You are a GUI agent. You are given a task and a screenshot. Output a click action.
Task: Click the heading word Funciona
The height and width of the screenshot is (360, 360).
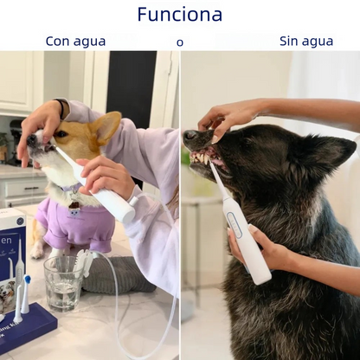180,15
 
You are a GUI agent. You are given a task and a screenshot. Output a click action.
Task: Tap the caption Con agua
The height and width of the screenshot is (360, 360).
76,41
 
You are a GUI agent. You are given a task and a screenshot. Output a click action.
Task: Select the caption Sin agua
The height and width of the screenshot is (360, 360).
306,41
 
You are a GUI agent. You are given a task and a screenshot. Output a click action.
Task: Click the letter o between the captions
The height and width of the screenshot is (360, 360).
180,42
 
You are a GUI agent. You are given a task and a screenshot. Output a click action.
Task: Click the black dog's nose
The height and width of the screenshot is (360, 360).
191,136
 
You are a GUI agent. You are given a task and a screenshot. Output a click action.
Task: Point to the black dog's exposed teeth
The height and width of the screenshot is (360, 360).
202,158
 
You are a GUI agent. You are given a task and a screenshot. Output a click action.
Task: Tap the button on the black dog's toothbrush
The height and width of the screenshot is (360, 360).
238,227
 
